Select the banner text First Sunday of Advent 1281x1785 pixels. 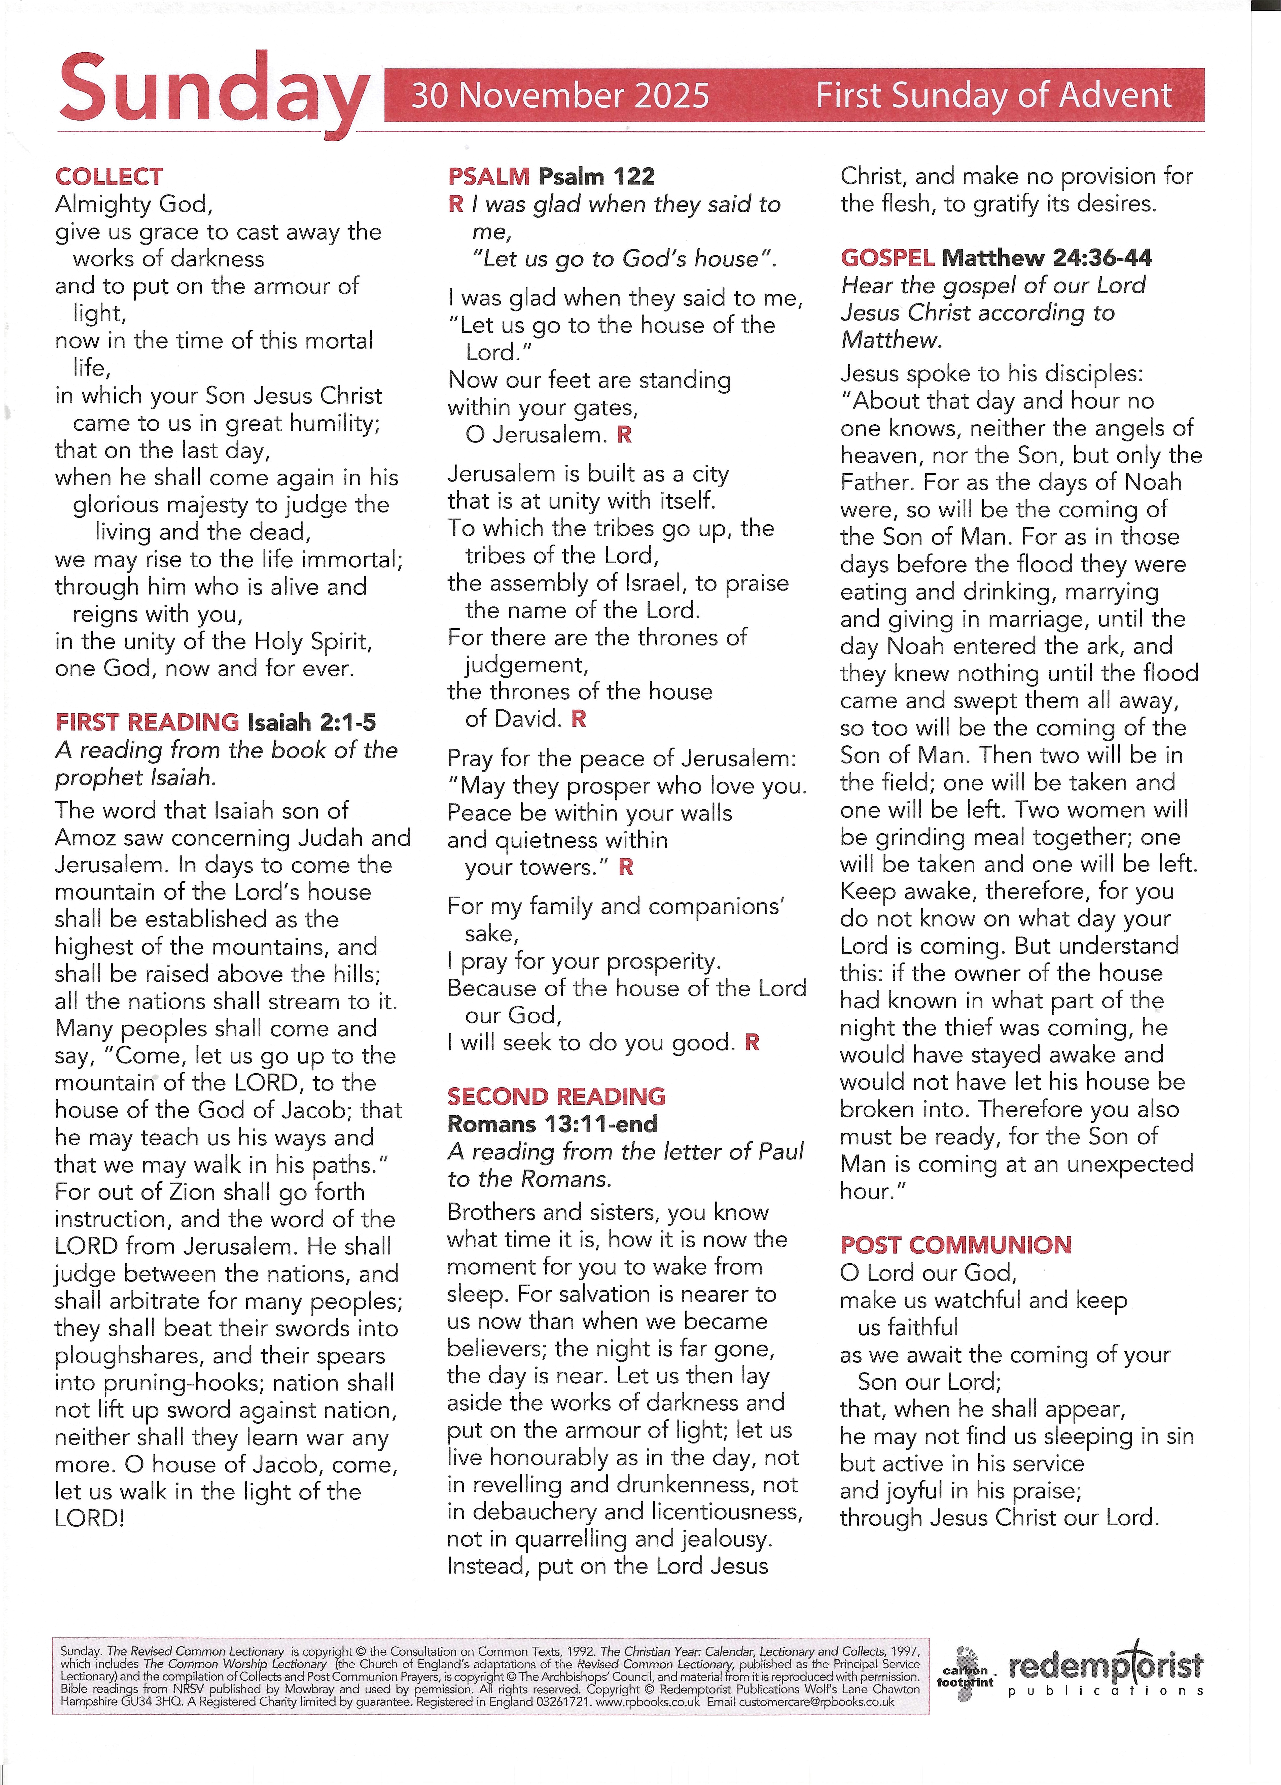point(993,95)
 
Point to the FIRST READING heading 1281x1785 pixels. point(146,722)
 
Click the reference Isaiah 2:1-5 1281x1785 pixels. point(312,722)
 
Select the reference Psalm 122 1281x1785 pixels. point(596,176)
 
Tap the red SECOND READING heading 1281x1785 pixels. point(556,1096)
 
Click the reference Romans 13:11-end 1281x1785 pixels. point(552,1124)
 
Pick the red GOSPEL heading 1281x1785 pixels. point(887,257)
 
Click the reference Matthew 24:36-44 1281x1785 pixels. point(1047,257)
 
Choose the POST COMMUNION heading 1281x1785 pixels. point(955,1245)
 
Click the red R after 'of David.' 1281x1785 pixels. point(578,718)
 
